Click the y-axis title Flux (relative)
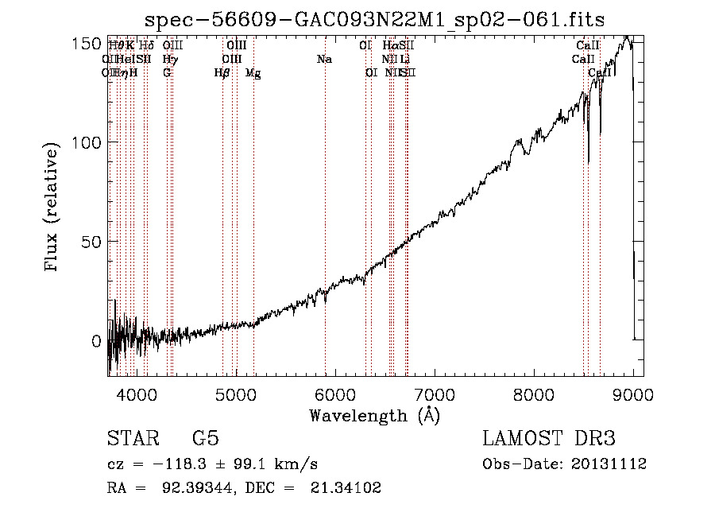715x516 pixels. click(x=53, y=208)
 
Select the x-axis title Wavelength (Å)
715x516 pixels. click(x=373, y=415)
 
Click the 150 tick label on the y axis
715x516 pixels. click(x=86, y=43)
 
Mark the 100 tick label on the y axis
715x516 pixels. click(x=86, y=142)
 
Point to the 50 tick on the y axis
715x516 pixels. click(x=91, y=242)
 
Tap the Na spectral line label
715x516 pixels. click(x=324, y=60)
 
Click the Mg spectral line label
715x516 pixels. click(x=253, y=73)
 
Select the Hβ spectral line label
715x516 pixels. click(x=222, y=73)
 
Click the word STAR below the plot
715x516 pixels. click(x=133, y=439)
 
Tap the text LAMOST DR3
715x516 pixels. click(x=548, y=439)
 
